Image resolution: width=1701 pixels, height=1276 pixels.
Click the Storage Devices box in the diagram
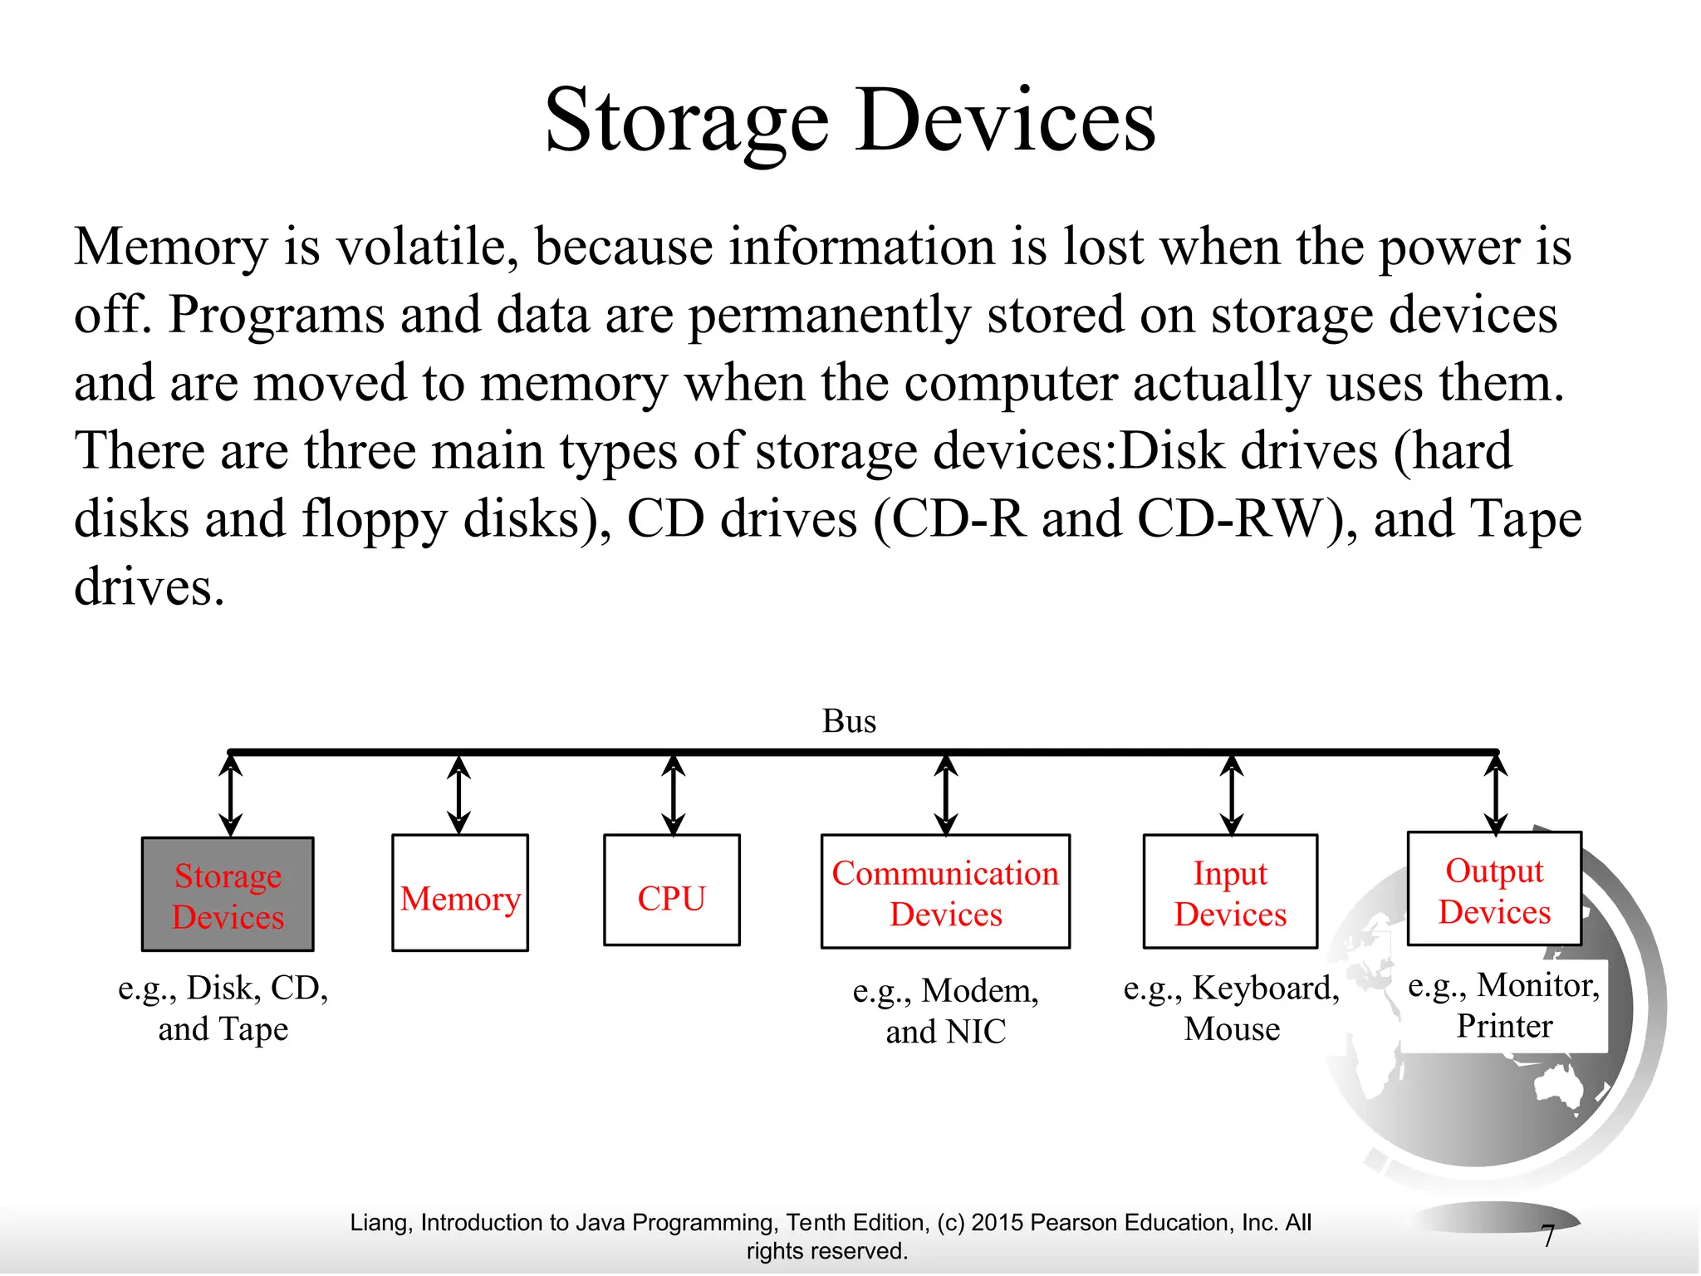[x=228, y=894]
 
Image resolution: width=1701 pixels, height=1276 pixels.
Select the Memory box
[x=460, y=893]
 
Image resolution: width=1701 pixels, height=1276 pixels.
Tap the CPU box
[x=671, y=891]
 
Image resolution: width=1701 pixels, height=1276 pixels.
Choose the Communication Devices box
[x=945, y=892]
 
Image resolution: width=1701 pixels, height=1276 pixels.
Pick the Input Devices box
[x=1230, y=892]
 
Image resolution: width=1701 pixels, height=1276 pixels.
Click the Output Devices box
[x=1494, y=889]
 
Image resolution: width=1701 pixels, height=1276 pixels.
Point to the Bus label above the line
[x=849, y=721]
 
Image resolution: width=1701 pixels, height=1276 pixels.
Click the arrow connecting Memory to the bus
[x=458, y=795]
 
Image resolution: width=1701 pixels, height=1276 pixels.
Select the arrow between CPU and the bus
[x=674, y=795]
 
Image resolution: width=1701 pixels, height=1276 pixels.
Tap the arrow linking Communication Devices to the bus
[x=945, y=795]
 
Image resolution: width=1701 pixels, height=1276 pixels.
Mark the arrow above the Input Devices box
[x=1232, y=795]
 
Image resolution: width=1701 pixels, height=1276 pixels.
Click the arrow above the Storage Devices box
[x=231, y=795]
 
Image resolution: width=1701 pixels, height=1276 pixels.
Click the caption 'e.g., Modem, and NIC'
[x=945, y=1010]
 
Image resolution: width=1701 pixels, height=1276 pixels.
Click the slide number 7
[x=1547, y=1236]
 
